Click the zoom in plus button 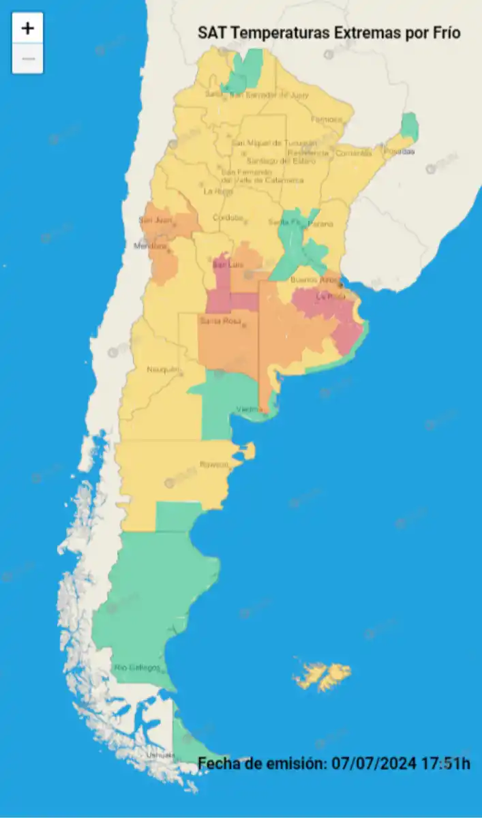(x=28, y=28)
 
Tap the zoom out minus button (x=28, y=59)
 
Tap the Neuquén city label (x=163, y=369)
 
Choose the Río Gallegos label (x=137, y=667)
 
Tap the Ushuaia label (x=160, y=755)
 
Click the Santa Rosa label (x=217, y=320)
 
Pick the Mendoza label (x=151, y=245)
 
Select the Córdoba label (x=228, y=217)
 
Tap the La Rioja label (x=218, y=192)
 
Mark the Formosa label (x=326, y=119)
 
